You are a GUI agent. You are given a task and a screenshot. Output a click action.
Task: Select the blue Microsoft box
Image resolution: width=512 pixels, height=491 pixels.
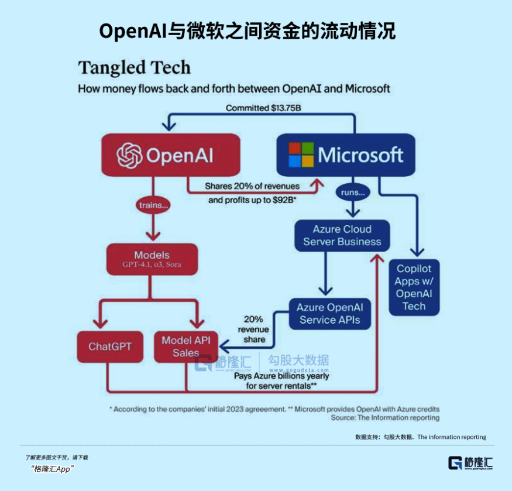345,155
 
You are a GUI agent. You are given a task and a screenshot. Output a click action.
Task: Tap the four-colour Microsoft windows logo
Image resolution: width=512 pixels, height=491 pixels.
301,154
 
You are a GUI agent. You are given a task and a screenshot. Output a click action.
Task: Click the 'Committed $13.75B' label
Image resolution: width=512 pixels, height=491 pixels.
263,108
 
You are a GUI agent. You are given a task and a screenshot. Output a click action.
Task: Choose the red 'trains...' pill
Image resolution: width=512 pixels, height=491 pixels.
153,205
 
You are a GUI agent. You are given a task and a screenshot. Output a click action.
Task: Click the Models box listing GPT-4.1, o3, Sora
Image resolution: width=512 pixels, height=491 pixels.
152,259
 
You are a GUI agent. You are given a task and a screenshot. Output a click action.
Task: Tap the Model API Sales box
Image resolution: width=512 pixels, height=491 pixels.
186,346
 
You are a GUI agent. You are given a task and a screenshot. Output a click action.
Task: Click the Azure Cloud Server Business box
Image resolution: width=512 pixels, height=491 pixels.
342,235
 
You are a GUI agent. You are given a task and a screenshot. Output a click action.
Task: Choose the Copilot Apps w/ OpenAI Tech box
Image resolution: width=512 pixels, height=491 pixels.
414,287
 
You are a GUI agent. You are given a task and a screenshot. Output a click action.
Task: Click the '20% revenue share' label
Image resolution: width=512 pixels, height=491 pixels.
253,329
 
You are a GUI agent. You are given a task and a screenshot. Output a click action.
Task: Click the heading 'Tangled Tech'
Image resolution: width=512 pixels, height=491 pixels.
135,67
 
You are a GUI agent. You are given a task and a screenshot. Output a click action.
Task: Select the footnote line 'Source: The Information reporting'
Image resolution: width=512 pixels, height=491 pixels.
385,418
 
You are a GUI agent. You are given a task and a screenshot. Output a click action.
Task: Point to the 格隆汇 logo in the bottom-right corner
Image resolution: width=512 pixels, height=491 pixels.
470,462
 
